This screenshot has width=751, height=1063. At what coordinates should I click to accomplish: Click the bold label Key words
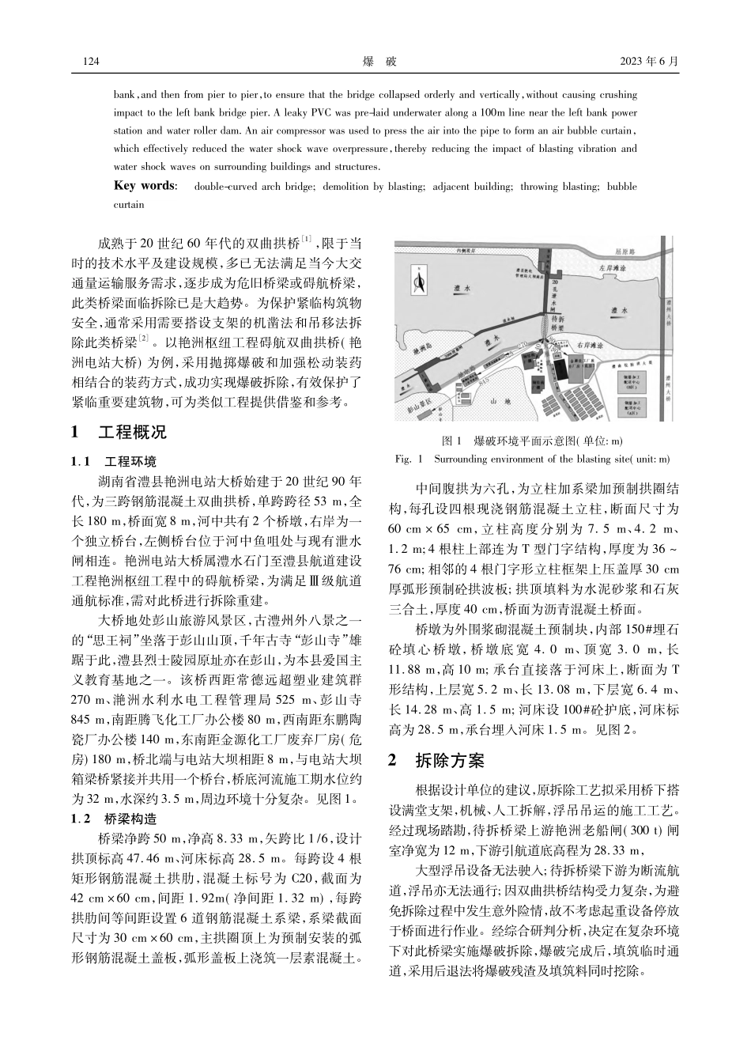tap(145, 186)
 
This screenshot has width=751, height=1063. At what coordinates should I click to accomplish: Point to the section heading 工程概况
tap(132, 433)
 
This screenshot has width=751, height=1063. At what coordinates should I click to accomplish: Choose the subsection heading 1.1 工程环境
tap(114, 461)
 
